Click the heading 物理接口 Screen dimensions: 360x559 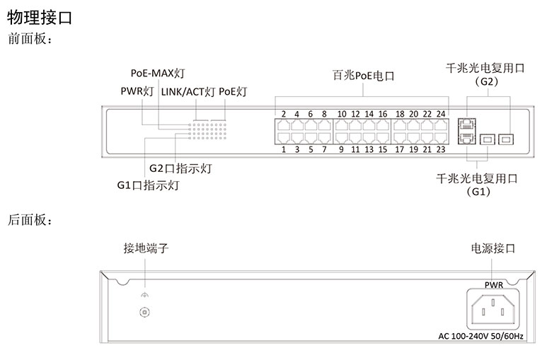click(x=39, y=18)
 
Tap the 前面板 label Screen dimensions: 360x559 click(x=30, y=40)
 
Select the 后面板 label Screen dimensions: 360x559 click(x=30, y=221)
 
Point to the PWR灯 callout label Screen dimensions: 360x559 click(x=136, y=91)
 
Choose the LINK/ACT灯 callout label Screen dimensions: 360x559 click(x=188, y=91)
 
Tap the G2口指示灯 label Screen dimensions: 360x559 click(x=180, y=169)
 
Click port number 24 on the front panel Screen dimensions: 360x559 click(x=441, y=114)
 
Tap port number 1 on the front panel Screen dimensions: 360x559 click(x=283, y=149)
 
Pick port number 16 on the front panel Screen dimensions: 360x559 click(x=382, y=114)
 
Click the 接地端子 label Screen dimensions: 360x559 click(x=146, y=249)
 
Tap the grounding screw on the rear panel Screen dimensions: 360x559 click(x=145, y=312)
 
